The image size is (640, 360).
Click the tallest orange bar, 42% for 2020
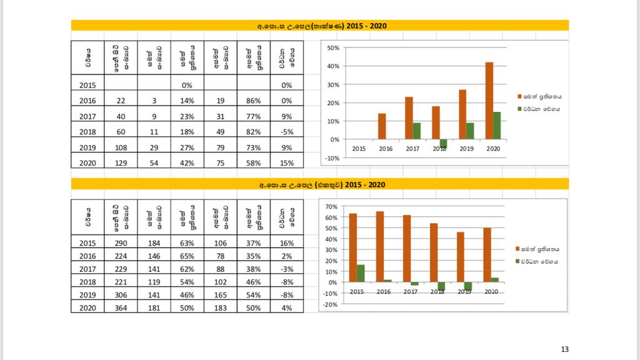pos(489,101)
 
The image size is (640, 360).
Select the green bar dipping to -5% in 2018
pos(444,143)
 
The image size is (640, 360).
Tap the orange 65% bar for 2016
pos(380,247)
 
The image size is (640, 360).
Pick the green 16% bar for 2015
pos(361,273)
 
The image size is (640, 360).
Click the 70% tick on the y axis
pos(331,206)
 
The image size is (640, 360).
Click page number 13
pos(565,349)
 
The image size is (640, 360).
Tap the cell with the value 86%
pos(253,100)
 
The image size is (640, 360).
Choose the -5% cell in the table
pos(287,131)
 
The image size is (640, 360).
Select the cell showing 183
pos(221,307)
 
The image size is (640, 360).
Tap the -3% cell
pos(287,269)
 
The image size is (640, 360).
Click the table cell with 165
pos(221,294)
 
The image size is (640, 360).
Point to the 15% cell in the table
pos(287,162)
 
